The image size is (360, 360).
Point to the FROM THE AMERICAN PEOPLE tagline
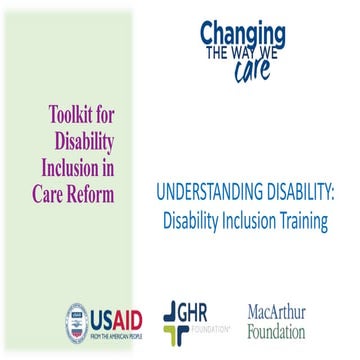[117, 338]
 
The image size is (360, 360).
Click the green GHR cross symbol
[170, 320]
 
